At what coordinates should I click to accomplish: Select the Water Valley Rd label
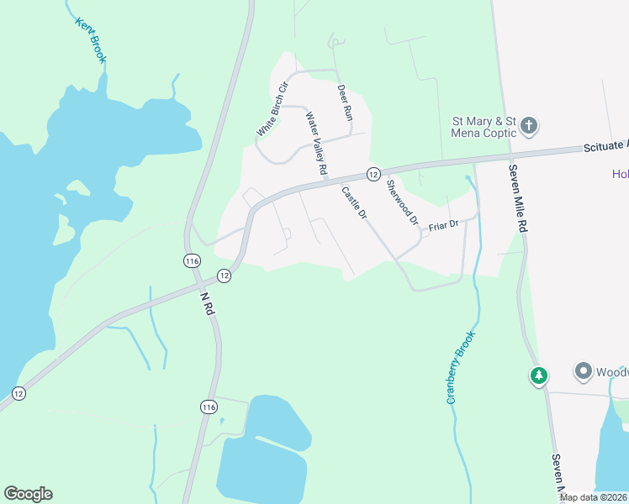(316, 144)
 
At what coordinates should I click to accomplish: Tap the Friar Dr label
(442, 225)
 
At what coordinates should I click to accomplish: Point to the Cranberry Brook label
(462, 367)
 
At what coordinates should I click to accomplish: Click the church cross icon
(529, 127)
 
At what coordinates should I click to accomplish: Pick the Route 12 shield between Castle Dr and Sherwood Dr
(373, 174)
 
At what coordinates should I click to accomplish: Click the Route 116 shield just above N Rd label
(192, 261)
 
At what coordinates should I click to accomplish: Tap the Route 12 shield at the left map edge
(19, 392)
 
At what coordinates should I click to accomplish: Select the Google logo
(28, 494)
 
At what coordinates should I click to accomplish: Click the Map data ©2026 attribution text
(593, 497)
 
